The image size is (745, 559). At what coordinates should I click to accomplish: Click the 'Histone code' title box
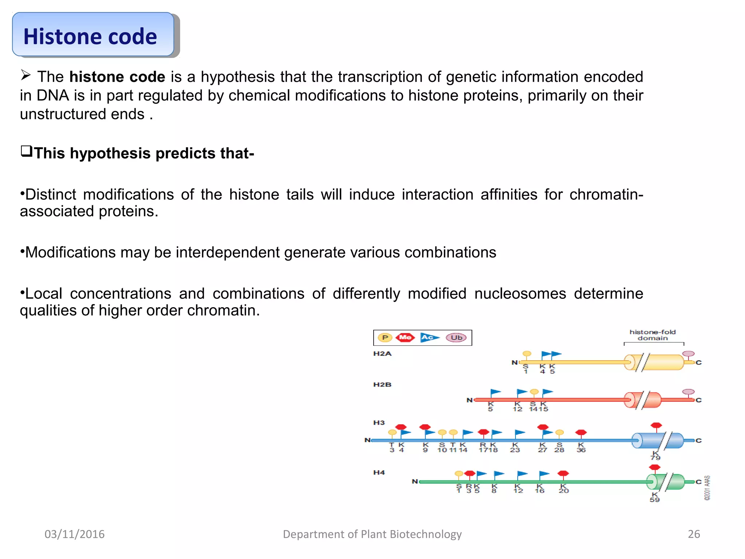[x=93, y=35]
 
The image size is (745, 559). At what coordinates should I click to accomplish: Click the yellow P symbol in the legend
[x=385, y=338]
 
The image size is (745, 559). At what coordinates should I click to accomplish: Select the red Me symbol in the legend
[x=405, y=338]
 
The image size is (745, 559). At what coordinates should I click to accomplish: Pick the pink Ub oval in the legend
[x=456, y=338]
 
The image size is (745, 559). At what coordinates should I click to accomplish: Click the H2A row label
[x=382, y=354]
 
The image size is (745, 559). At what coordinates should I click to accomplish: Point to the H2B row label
[x=382, y=385]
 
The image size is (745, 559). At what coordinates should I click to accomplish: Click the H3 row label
[x=379, y=423]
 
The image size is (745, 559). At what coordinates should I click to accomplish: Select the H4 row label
[x=379, y=472]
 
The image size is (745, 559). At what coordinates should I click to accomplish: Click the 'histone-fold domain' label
[x=653, y=335]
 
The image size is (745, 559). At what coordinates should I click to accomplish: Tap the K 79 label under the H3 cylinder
[x=656, y=455]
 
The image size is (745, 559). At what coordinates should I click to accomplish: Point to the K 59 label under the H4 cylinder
[x=655, y=497]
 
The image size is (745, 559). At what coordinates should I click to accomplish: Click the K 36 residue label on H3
[x=581, y=448]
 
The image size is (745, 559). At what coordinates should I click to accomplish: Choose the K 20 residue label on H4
[x=563, y=489]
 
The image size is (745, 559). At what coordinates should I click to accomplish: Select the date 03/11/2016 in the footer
[x=75, y=534]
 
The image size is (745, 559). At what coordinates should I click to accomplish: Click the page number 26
[x=694, y=534]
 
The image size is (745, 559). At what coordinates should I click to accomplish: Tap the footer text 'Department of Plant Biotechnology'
[x=372, y=534]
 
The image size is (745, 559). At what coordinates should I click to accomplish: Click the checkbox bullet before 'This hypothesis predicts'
[x=27, y=151]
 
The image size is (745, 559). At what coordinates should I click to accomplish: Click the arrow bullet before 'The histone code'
[x=26, y=75]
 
